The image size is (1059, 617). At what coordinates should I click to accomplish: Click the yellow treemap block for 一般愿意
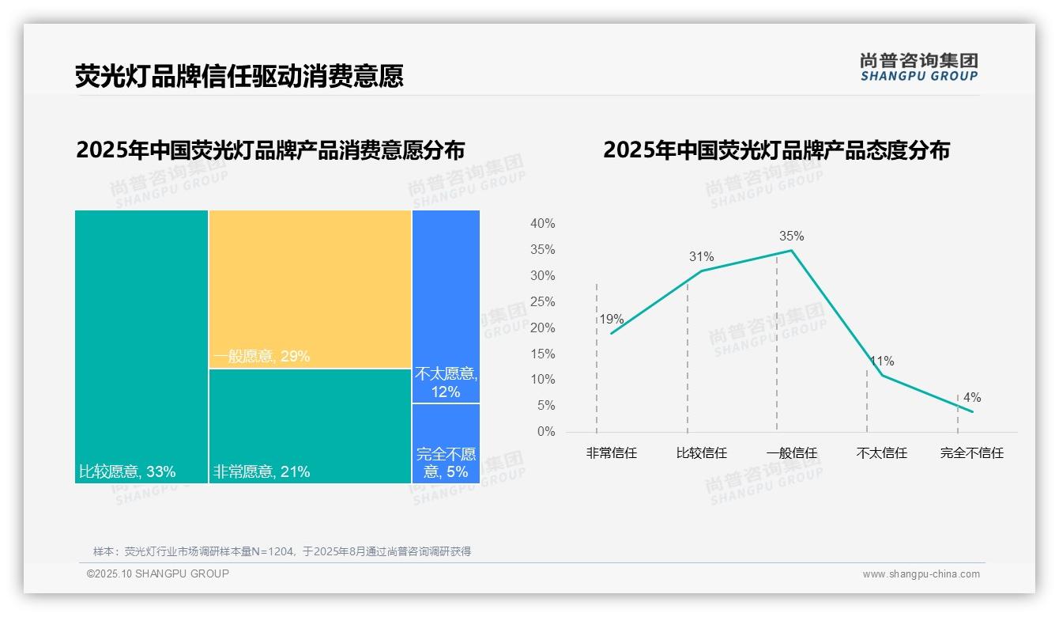(x=310, y=289)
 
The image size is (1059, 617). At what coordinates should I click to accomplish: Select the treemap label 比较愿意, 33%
(x=127, y=472)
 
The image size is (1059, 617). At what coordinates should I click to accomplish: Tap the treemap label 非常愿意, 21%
(x=261, y=472)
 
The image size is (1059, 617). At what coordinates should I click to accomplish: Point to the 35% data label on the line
(x=791, y=236)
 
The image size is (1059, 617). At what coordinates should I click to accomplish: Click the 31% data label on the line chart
(x=701, y=256)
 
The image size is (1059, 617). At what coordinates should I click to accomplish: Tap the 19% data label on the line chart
(x=611, y=320)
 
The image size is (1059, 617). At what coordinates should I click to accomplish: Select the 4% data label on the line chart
(x=971, y=397)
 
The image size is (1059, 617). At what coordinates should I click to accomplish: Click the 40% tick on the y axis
(x=542, y=224)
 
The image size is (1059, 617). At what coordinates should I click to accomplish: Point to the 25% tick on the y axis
(x=542, y=302)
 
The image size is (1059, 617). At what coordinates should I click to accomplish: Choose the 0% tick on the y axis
(x=545, y=432)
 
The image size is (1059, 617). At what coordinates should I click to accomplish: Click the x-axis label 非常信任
(x=611, y=453)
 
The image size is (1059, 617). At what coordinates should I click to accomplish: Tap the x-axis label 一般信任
(x=791, y=453)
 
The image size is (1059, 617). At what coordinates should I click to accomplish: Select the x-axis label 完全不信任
(x=971, y=453)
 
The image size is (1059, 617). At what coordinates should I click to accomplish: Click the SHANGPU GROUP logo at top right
(x=918, y=67)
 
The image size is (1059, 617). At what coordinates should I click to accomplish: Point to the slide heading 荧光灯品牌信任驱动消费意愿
(x=239, y=76)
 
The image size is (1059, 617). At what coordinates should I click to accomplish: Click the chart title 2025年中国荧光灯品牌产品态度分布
(x=776, y=150)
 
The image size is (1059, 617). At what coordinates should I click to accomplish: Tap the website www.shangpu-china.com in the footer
(x=921, y=574)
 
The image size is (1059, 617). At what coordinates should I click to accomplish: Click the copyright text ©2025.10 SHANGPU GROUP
(x=157, y=573)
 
